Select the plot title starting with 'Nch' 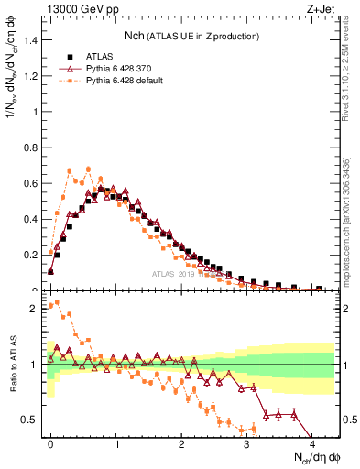click(x=191, y=35)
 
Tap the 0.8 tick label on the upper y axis click(x=29, y=147)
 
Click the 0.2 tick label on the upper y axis click(x=29, y=255)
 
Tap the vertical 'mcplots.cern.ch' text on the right click(x=352, y=215)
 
